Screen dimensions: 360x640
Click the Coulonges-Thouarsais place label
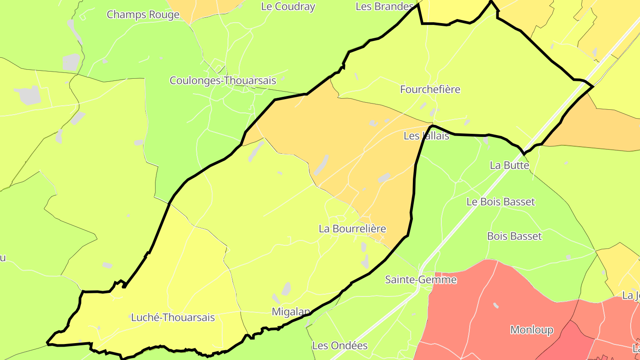pyautogui.click(x=223, y=80)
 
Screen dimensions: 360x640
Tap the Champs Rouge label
pyautogui.click(x=143, y=14)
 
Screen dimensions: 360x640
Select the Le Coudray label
pyautogui.click(x=288, y=7)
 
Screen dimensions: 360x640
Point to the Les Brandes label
pyautogui.click(x=385, y=7)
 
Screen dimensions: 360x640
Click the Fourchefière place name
pyautogui.click(x=430, y=89)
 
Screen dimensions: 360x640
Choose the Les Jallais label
pyautogui.click(x=426, y=136)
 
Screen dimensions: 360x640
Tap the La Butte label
pyautogui.click(x=509, y=165)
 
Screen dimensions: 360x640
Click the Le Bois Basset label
pyautogui.click(x=500, y=202)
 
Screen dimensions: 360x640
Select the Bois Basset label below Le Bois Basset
pyautogui.click(x=514, y=236)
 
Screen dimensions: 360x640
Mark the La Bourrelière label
pyautogui.click(x=352, y=229)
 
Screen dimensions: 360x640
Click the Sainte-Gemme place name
pyautogui.click(x=420, y=280)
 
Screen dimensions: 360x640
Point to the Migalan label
pyautogui.click(x=291, y=312)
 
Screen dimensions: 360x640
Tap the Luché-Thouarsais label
pyautogui.click(x=173, y=317)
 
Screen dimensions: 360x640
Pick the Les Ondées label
pyautogui.click(x=340, y=345)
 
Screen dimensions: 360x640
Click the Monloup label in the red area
pyautogui.click(x=532, y=330)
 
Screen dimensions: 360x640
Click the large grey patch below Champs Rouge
pyautogui.click(x=71, y=62)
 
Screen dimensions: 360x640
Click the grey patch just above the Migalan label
pyautogui.click(x=286, y=289)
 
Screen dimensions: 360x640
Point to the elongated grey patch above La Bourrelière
pyautogui.click(x=321, y=165)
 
